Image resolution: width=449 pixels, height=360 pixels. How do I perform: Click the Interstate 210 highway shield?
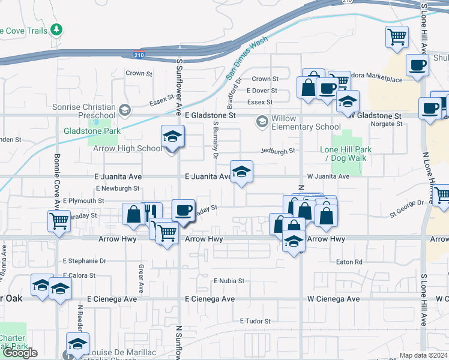coord(139,55)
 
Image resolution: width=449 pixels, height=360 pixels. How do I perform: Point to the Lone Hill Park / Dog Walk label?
coord(345,154)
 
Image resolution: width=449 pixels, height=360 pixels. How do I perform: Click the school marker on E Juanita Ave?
coord(241,172)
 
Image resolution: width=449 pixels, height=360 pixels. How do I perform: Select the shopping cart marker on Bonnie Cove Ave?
coord(58,221)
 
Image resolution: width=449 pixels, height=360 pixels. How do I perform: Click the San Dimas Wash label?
coord(247,58)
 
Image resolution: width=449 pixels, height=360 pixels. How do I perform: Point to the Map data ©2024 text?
coord(424,355)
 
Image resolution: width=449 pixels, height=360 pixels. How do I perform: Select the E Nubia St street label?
coord(229,280)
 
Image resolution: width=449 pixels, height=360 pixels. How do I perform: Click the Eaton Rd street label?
coord(349,262)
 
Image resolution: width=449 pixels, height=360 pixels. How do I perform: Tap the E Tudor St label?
coord(256,322)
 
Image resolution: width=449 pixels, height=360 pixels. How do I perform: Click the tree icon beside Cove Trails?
coord(56,29)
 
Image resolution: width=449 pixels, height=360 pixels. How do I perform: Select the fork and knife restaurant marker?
coord(151,213)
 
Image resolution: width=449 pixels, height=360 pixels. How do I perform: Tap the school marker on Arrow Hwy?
coord(293,241)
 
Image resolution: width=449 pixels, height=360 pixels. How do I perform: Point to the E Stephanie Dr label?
coord(85,261)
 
